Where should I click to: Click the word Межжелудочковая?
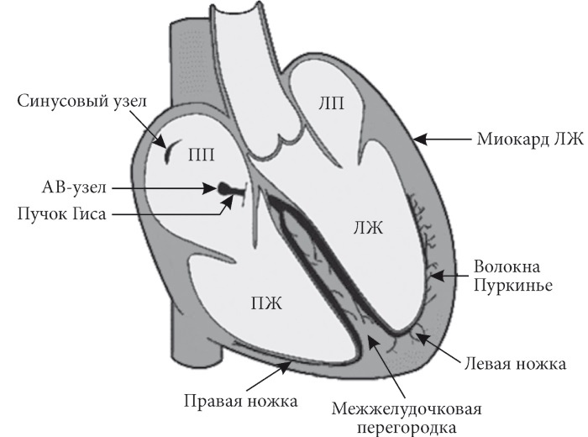407,409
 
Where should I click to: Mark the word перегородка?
407,429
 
